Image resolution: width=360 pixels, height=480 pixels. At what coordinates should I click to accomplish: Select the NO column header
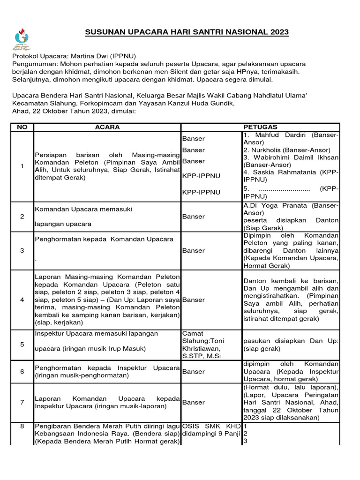click(x=22, y=127)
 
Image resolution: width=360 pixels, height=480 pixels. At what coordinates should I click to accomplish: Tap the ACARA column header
click(x=107, y=127)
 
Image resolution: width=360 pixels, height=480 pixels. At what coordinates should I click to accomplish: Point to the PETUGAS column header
click(x=260, y=127)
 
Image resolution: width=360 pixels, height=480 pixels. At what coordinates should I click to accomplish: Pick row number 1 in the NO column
click(x=22, y=166)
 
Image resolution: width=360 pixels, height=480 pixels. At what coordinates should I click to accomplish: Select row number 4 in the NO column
click(x=22, y=300)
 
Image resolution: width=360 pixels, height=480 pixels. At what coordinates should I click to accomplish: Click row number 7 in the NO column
click(x=22, y=402)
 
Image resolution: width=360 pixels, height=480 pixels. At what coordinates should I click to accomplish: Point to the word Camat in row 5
click(x=191, y=333)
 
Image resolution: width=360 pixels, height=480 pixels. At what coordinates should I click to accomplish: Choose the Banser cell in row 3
click(x=193, y=250)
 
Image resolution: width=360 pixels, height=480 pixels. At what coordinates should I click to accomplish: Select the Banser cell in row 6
click(x=193, y=372)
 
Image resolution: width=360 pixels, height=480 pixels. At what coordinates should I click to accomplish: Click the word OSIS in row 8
click(x=191, y=426)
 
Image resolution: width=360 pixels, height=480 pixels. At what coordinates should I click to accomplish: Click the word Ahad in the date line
click(x=20, y=111)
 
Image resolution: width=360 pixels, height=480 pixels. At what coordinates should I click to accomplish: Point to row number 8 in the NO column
click(x=22, y=426)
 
